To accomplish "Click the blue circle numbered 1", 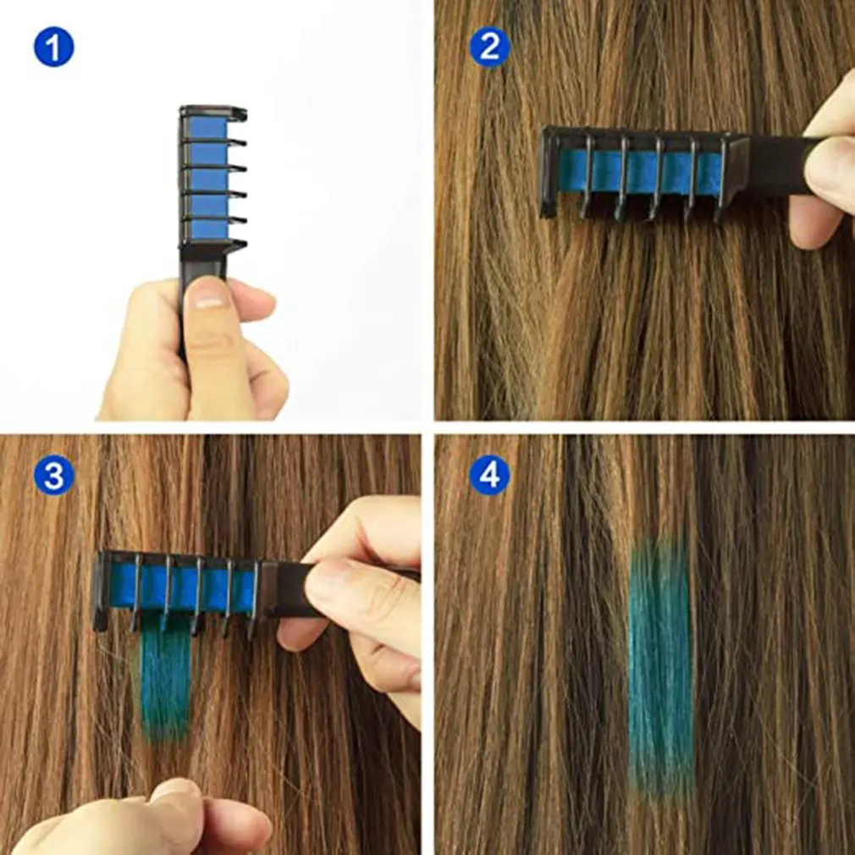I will [53, 47].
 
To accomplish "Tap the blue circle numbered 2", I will [490, 47].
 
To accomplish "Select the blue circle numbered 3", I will [53, 477].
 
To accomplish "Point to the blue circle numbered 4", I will [490, 477].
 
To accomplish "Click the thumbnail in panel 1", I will [208, 295].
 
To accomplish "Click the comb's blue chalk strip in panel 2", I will [643, 172].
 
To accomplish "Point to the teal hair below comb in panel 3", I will [165, 677].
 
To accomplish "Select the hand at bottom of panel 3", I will [144, 821].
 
